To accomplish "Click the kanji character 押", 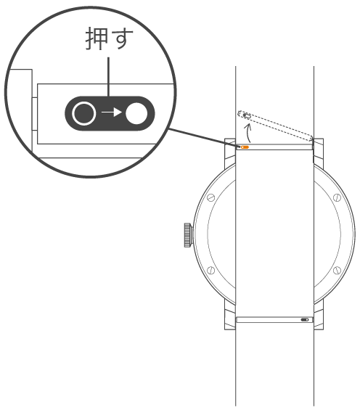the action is click(97, 38).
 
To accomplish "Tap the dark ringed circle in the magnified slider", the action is click(83, 113).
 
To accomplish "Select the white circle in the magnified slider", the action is click(136, 113).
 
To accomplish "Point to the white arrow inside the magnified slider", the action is click(112, 112).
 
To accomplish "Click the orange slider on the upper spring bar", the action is click(245, 147).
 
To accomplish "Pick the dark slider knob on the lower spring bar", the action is click(305, 319).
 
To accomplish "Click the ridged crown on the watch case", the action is click(188, 235).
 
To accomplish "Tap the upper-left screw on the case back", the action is click(210, 197).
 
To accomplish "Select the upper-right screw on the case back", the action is click(337, 197).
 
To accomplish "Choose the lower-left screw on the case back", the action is click(210, 270).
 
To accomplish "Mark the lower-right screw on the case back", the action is click(337, 270).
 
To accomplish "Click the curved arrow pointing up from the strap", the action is click(248, 133).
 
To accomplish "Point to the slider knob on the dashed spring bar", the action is click(247, 115).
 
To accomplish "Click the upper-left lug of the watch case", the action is click(230, 154).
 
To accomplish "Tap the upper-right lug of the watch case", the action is click(319, 153).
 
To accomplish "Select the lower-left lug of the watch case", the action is click(230, 314).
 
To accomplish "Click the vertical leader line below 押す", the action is click(108, 77).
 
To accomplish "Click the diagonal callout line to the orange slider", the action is click(205, 138).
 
